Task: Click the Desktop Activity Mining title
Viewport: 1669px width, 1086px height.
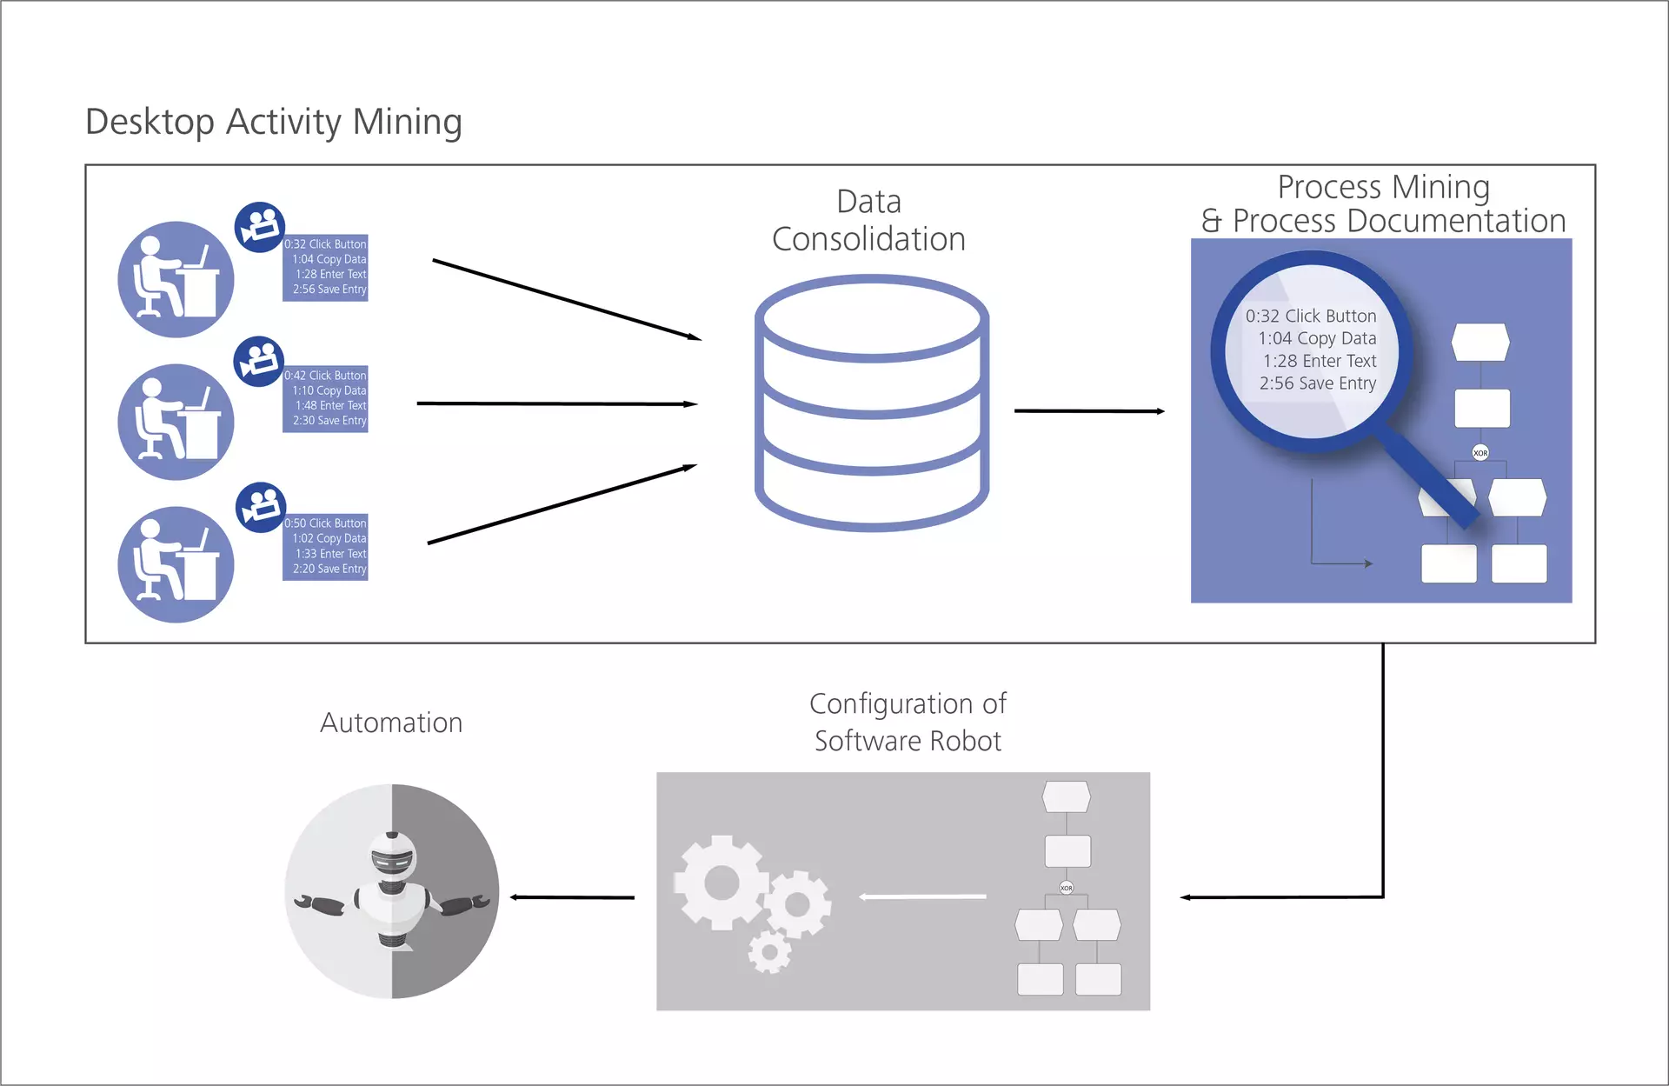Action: pyautogui.click(x=273, y=122)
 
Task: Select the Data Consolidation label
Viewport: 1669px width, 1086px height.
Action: pyautogui.click(x=868, y=221)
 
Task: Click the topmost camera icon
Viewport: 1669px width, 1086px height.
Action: pyautogui.click(x=259, y=228)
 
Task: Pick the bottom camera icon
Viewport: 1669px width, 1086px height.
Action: pyautogui.click(x=261, y=507)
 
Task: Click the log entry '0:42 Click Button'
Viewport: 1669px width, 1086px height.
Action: pyautogui.click(x=325, y=376)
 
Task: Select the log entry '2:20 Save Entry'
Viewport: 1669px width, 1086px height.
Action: pyautogui.click(x=329, y=569)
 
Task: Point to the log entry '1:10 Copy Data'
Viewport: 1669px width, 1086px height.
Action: pyautogui.click(x=329, y=390)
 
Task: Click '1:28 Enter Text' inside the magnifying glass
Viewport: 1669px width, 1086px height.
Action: pyautogui.click(x=1319, y=361)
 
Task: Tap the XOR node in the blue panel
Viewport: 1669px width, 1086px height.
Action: pyautogui.click(x=1480, y=453)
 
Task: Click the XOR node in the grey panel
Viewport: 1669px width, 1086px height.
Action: pyautogui.click(x=1067, y=888)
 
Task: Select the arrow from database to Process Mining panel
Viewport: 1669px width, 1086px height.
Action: pyautogui.click(x=1088, y=410)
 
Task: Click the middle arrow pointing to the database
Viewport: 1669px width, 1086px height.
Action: pyautogui.click(x=556, y=403)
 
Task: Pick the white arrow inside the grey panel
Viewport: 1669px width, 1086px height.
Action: pyautogui.click(x=922, y=896)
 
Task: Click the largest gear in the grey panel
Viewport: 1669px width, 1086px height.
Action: pyautogui.click(x=721, y=883)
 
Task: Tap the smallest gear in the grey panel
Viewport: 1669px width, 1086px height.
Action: pyautogui.click(x=769, y=952)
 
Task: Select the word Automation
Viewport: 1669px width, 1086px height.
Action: pyautogui.click(x=391, y=723)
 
